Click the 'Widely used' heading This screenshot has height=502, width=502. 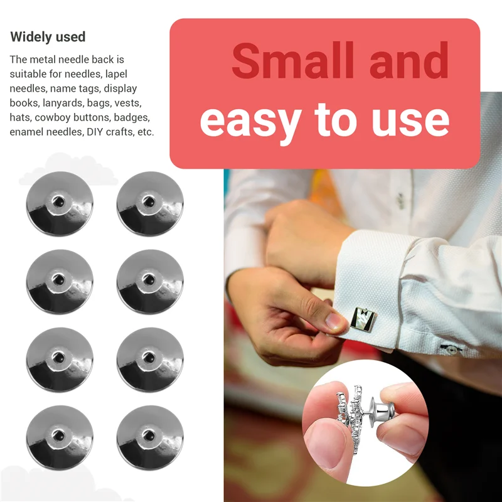coord(48,37)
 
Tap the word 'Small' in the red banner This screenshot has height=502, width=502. coord(293,60)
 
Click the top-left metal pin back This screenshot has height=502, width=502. coord(60,203)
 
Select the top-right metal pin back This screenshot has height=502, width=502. coord(150,203)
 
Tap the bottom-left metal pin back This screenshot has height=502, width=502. coord(60,437)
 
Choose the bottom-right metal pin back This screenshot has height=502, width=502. coord(150,437)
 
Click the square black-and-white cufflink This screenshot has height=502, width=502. coord(363,319)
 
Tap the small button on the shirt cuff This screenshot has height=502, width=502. coord(452,350)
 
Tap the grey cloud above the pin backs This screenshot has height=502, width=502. coord(69,169)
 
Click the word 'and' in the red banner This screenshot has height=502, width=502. coord(409,60)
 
